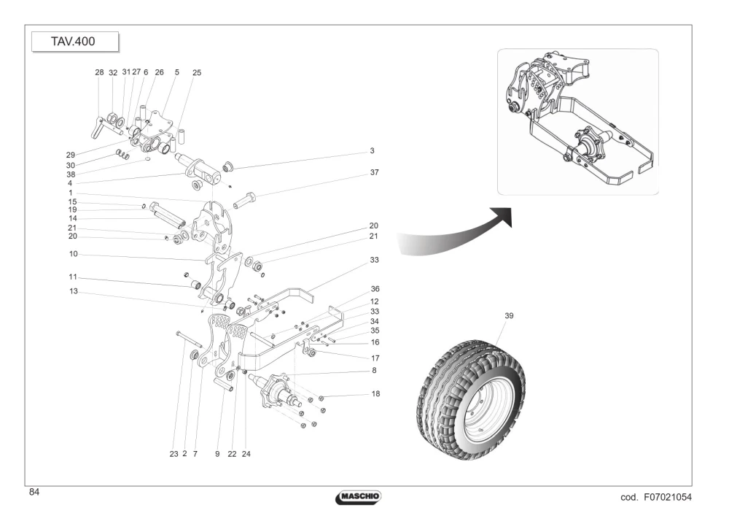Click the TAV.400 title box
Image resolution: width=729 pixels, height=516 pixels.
75,42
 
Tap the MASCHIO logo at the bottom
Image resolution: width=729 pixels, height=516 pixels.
358,497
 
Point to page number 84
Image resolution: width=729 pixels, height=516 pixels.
34,492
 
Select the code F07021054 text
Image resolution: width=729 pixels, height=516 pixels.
656,497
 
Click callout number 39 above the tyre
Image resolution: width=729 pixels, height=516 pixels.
509,316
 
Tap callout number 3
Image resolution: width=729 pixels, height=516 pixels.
372,151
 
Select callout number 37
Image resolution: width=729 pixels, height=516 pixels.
374,173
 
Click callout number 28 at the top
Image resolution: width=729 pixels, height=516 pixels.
99,72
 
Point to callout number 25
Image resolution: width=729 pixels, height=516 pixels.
197,73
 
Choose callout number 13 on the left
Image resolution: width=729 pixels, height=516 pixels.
74,292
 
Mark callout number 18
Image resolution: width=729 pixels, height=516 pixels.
375,394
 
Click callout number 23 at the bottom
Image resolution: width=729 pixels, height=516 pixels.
174,454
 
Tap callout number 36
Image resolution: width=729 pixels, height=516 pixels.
375,290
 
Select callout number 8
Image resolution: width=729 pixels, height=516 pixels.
374,371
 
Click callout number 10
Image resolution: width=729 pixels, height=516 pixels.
74,254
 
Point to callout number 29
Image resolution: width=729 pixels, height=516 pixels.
71,155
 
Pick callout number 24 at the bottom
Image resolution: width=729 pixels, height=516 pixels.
246,454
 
